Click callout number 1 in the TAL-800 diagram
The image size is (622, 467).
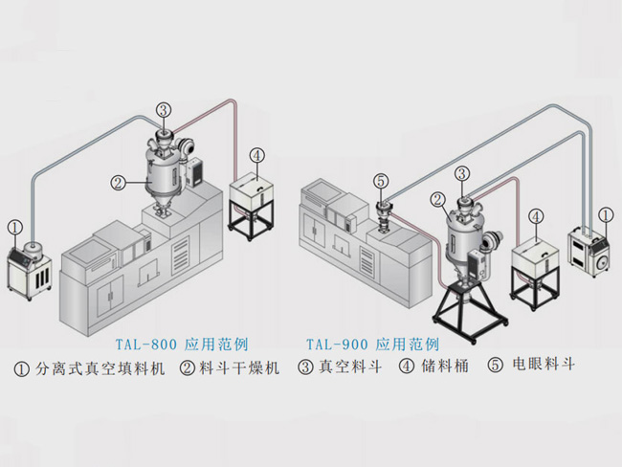[14, 227]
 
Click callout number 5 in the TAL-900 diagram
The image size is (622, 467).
[380, 179]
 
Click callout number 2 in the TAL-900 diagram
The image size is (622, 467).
[437, 200]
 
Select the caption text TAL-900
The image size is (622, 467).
[336, 343]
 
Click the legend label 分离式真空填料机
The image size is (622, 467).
[100, 367]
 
